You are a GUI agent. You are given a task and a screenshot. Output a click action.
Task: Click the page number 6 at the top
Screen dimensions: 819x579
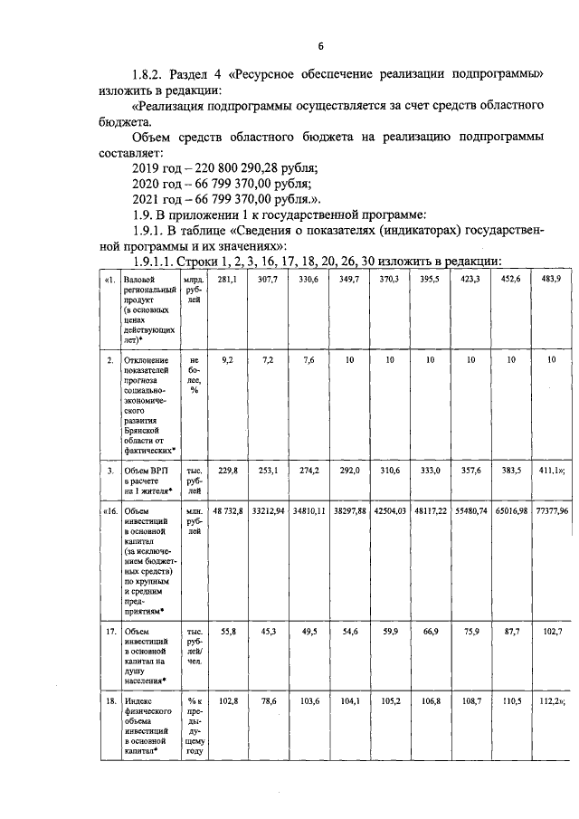pos(320,46)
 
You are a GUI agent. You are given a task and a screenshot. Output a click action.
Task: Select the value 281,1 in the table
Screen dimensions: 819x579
pos(226,280)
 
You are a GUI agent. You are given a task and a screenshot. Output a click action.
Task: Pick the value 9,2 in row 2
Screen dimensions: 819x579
pos(226,360)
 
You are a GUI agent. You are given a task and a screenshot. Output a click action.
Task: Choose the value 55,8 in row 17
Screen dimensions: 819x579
pos(226,630)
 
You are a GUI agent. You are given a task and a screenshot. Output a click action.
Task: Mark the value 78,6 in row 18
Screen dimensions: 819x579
pos(268,700)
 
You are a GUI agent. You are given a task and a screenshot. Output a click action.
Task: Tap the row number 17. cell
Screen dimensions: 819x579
pos(109,631)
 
